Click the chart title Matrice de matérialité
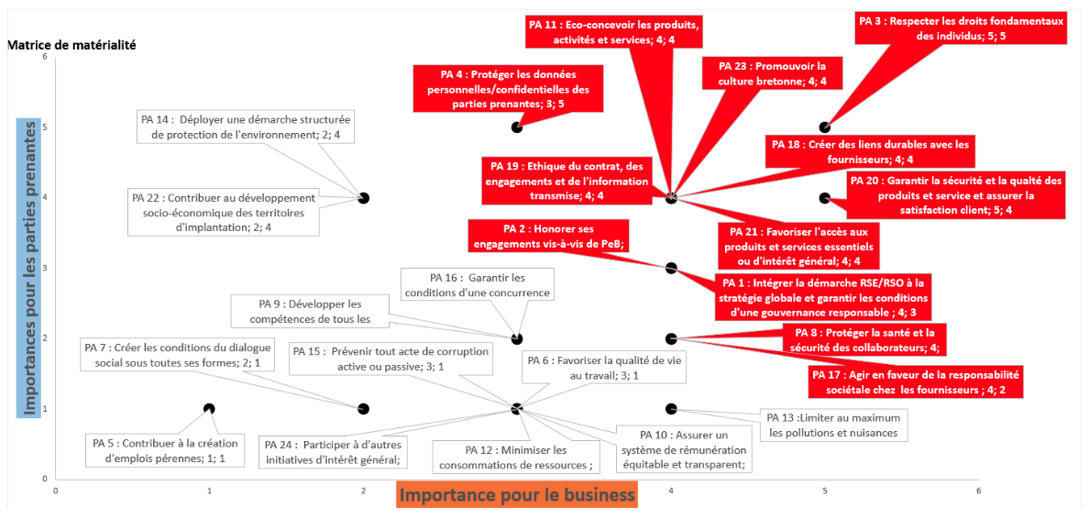coord(71,44)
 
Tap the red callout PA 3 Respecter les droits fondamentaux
coord(962,28)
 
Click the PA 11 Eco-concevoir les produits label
coord(615,31)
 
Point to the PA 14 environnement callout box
coord(247,127)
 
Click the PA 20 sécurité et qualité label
coord(956,195)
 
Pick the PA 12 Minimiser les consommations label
coord(515,457)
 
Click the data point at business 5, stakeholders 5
coord(825,127)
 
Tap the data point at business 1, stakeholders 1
coord(209,409)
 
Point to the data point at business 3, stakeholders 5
coord(517,127)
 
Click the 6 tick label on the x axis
coord(978,490)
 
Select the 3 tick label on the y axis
coord(44,268)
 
